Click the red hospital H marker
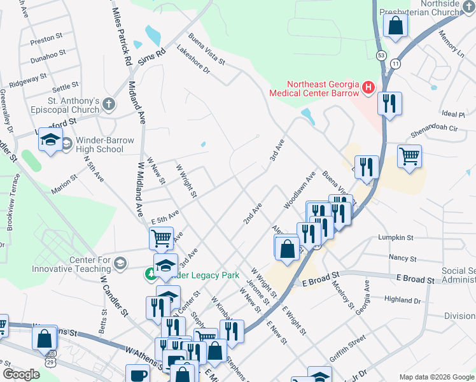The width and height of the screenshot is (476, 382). (367, 87)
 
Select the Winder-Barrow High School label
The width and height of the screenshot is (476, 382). (99, 145)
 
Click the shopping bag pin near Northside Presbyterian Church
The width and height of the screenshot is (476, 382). (395, 26)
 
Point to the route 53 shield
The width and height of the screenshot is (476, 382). (381, 55)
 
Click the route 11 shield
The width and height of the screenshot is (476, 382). (396, 64)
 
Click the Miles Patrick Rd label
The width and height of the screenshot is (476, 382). (121, 37)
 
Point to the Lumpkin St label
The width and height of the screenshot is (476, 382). (395, 237)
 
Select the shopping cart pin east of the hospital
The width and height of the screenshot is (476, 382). (409, 156)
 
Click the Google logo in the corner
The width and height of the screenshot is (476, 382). (21, 374)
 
